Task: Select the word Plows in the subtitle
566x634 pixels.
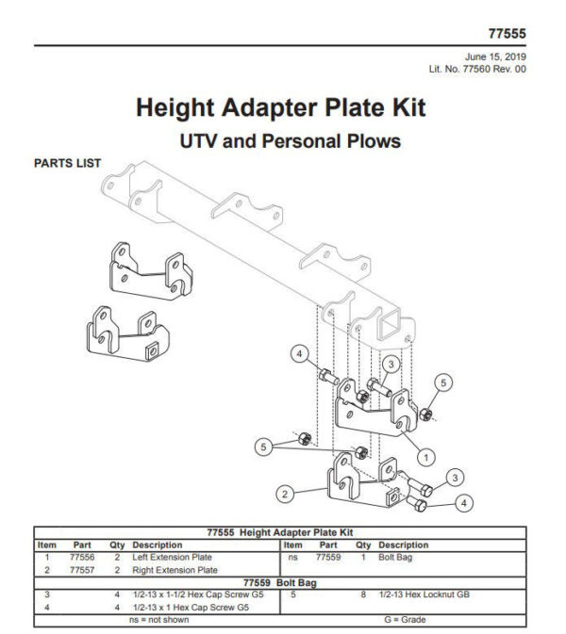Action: [370, 142]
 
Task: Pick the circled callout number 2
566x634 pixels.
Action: [282, 492]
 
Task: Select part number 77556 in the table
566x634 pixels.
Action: [82, 558]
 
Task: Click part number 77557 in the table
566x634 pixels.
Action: [82, 570]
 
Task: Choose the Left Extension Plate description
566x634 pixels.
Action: [173, 558]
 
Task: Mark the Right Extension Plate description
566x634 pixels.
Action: [175, 570]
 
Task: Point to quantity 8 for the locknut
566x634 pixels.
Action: [362, 594]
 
